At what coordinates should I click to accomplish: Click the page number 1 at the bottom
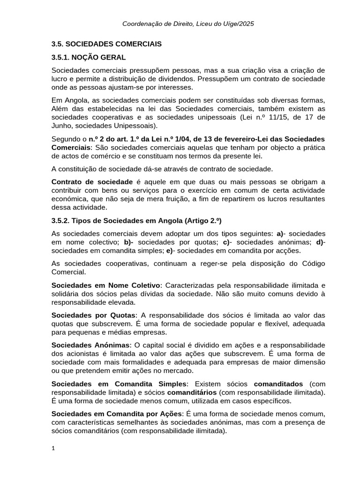[53, 449]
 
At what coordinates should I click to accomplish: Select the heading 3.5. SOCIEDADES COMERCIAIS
[106, 44]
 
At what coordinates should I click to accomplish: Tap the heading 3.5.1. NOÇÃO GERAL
[89, 58]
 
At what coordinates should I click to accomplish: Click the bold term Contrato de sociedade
[92, 181]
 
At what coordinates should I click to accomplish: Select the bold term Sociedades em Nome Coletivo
[105, 285]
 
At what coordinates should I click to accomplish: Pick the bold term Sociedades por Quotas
[94, 315]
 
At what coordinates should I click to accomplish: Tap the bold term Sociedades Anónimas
[90, 345]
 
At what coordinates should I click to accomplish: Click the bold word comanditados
[278, 383]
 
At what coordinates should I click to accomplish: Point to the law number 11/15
[262, 117]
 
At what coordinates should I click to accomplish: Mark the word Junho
[63, 126]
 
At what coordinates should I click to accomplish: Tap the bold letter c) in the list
[226, 242]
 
